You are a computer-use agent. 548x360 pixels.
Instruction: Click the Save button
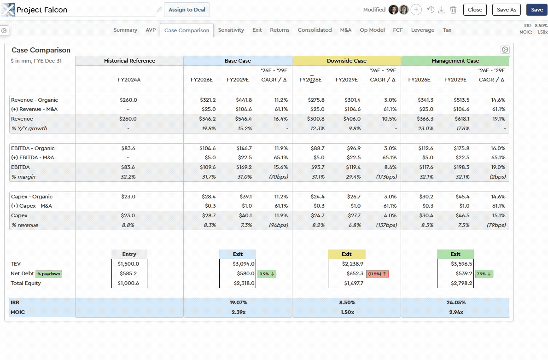(x=537, y=10)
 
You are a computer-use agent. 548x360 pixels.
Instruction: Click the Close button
(x=475, y=10)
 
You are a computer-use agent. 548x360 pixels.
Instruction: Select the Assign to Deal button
(x=187, y=10)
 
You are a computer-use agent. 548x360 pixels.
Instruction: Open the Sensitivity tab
(x=231, y=30)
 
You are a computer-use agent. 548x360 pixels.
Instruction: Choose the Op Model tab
(x=372, y=30)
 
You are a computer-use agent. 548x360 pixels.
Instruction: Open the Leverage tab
(x=422, y=30)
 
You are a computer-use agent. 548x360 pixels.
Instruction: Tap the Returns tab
(x=280, y=30)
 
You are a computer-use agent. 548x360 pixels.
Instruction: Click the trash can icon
(x=453, y=10)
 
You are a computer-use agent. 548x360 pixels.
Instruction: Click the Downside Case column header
(x=346, y=61)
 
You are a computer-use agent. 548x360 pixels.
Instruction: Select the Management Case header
(x=455, y=61)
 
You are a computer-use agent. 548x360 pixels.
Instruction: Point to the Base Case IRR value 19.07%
(x=238, y=302)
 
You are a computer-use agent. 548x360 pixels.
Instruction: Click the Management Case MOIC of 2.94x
(x=455, y=312)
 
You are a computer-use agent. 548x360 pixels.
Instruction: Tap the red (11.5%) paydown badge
(x=378, y=274)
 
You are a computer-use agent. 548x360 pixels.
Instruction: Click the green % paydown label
(x=49, y=274)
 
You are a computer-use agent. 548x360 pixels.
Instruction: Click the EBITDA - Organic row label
(x=33, y=148)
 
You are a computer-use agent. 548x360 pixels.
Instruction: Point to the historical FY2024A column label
(x=129, y=80)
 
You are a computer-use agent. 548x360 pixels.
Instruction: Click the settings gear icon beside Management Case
(x=505, y=50)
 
